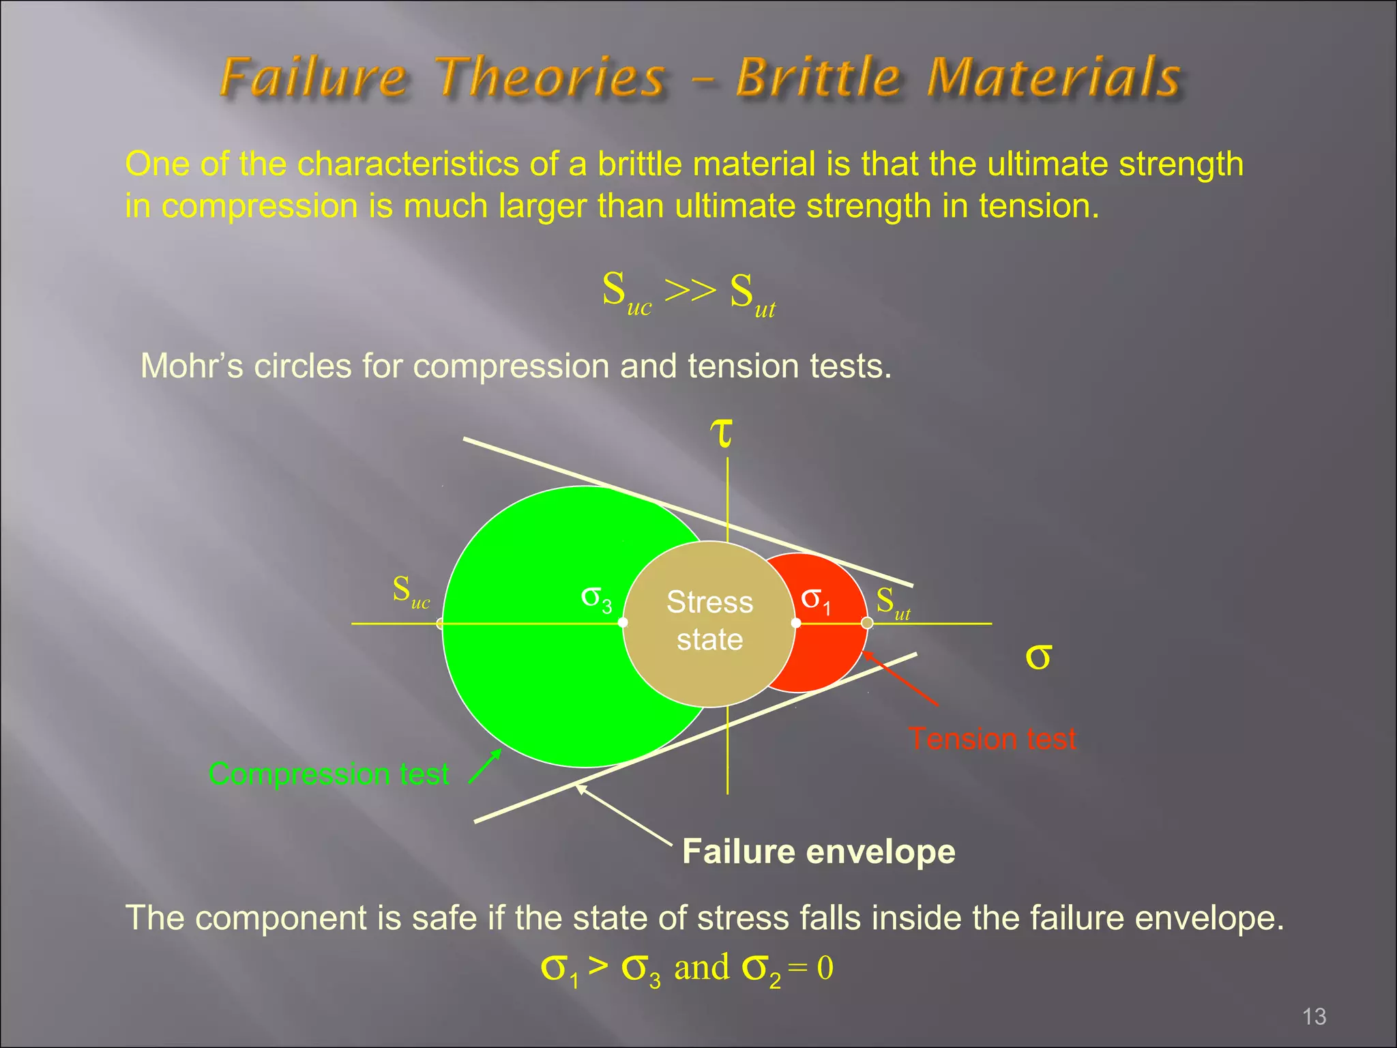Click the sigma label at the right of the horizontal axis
pyautogui.click(x=1038, y=656)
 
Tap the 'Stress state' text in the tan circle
pyautogui.click(x=709, y=621)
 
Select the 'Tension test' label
pyautogui.click(x=992, y=739)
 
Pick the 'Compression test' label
pyautogui.click(x=329, y=774)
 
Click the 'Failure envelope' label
pyautogui.click(x=819, y=851)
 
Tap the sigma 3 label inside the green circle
pyautogui.click(x=596, y=598)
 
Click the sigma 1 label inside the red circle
pyautogui.click(x=816, y=600)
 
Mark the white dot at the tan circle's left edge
pyautogui.click(x=623, y=623)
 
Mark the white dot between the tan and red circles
pyautogui.click(x=796, y=623)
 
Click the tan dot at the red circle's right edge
pyautogui.click(x=867, y=623)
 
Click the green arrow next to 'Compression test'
pyautogui.click(x=485, y=767)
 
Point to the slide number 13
pyautogui.click(x=1314, y=1017)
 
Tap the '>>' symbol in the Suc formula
pyautogui.click(x=690, y=290)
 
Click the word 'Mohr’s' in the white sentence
pyautogui.click(x=192, y=366)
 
